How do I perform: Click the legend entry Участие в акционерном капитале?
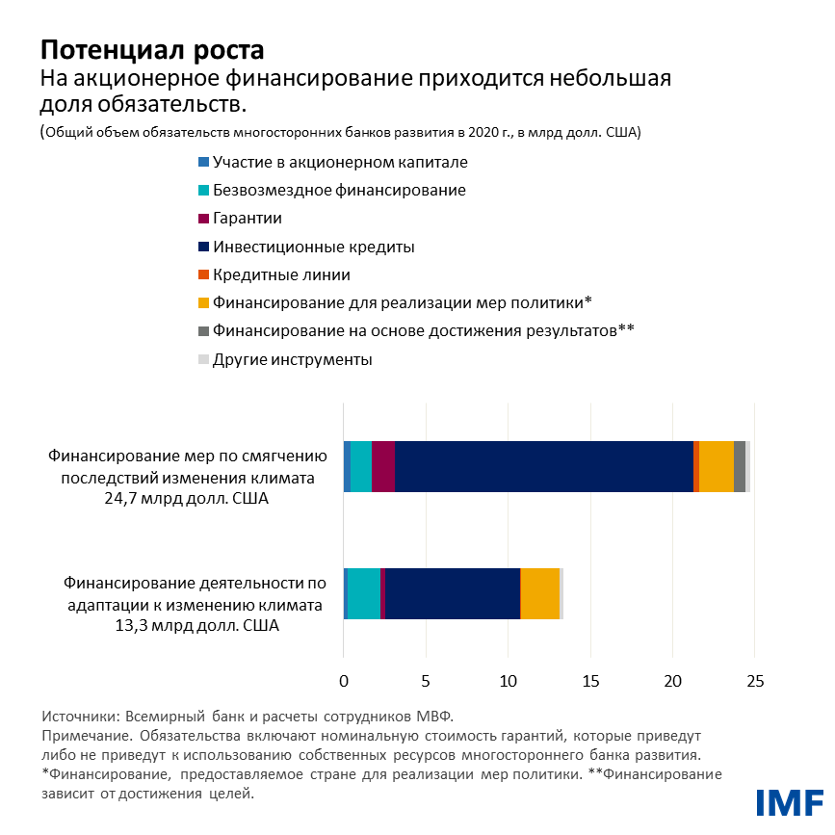(x=327, y=162)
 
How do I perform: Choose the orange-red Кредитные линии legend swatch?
(x=203, y=275)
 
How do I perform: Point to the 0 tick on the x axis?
(x=344, y=681)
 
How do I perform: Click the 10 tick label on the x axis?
(x=508, y=681)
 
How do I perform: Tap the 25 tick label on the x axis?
(x=755, y=681)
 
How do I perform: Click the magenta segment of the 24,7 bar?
(x=382, y=466)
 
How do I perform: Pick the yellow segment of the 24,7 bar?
(x=716, y=466)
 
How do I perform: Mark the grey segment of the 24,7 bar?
(x=739, y=466)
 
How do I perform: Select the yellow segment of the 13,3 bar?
(x=540, y=593)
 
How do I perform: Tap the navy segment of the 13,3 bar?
(x=452, y=593)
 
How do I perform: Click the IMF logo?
(x=789, y=801)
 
